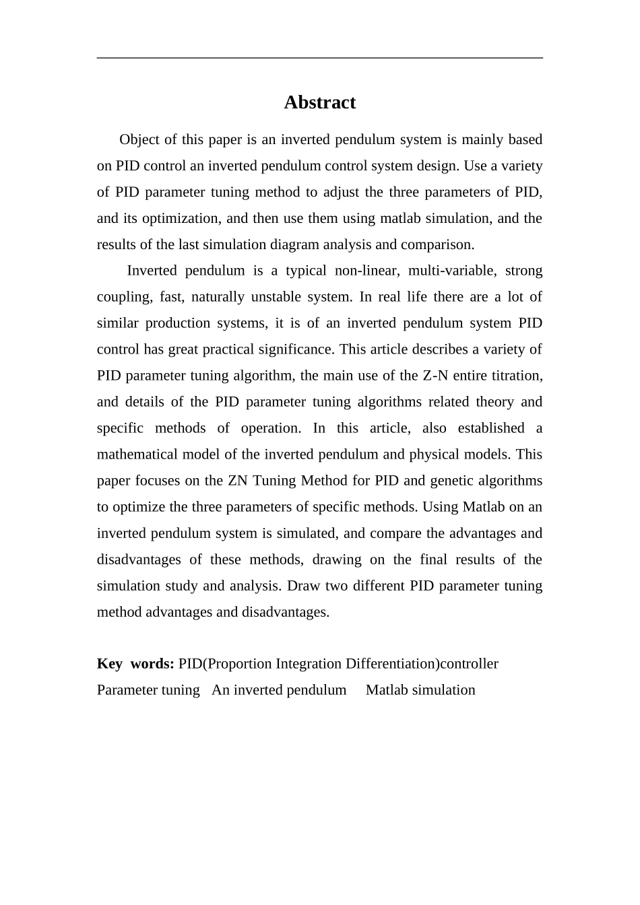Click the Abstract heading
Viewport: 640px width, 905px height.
click(319, 102)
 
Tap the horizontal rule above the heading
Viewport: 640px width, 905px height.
click(319, 58)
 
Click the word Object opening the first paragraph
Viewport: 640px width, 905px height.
click(140, 139)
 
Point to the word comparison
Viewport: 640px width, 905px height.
click(439, 244)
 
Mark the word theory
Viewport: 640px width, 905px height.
click(494, 402)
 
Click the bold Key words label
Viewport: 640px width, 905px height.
click(135, 664)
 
